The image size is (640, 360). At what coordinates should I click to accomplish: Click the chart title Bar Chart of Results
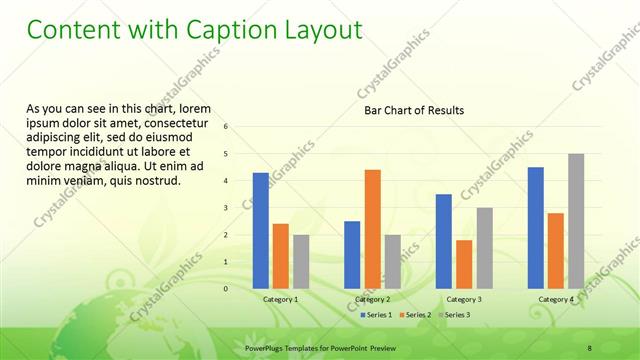pos(413,110)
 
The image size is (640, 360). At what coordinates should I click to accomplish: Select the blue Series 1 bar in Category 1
pos(261,230)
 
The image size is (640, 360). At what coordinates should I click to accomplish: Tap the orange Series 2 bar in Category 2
pos(372,228)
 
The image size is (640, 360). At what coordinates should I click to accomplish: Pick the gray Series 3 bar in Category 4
pos(576,220)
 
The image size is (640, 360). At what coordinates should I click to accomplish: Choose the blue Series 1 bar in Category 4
pos(536,227)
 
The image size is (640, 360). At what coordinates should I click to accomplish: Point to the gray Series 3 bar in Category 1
pos(301,261)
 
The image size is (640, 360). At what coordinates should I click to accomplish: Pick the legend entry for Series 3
pos(455,315)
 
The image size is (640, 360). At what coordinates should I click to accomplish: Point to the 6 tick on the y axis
pos(226,127)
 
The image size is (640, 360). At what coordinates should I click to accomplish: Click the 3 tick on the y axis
pos(226,208)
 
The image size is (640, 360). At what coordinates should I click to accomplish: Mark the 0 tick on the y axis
pos(226,289)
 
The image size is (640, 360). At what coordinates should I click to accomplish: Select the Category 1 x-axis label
pos(280,299)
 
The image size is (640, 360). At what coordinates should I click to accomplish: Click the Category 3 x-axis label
pos(464,299)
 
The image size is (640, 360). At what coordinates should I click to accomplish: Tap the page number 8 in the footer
pos(589,347)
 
